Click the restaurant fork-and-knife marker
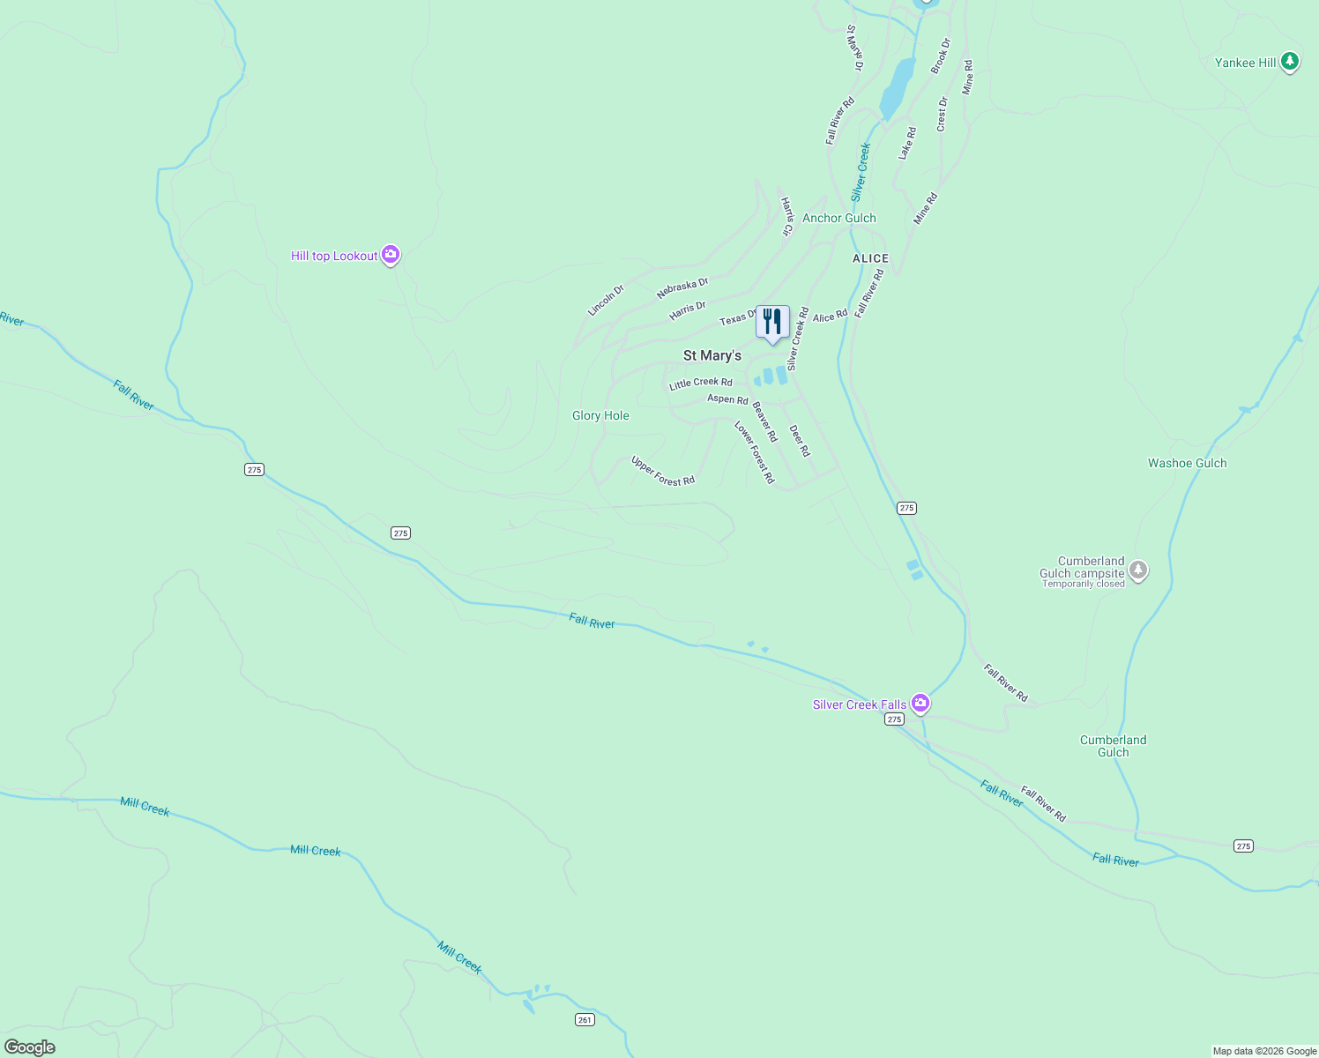[772, 323]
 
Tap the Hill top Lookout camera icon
[391, 255]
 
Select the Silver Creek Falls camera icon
[920, 703]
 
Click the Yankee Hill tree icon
[1290, 62]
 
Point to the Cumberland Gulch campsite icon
[1138, 570]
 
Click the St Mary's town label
[712, 355]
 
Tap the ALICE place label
[870, 258]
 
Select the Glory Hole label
[600, 415]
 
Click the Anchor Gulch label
[838, 218]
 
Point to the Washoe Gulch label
[1187, 463]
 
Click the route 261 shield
[585, 1019]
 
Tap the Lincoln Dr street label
[606, 301]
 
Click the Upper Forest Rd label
[663, 471]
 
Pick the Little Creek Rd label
[700, 383]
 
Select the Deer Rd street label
[799, 441]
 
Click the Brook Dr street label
[941, 56]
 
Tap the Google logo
[30, 1047]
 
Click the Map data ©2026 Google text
[1264, 1051]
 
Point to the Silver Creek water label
[861, 172]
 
